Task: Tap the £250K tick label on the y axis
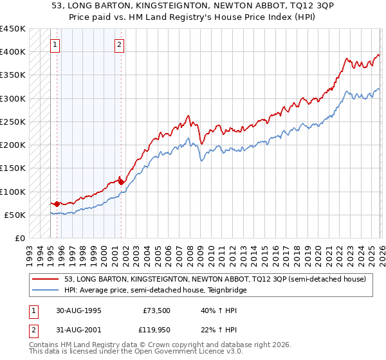(13, 122)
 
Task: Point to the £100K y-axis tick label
(13, 192)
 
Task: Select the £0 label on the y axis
(19, 239)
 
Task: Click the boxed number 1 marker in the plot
(56, 45)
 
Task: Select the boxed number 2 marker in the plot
(120, 45)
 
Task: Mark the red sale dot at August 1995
(57, 204)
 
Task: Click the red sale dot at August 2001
(121, 182)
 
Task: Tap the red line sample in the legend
(46, 279)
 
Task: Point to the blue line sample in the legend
(46, 290)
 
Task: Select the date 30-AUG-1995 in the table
(78, 310)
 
